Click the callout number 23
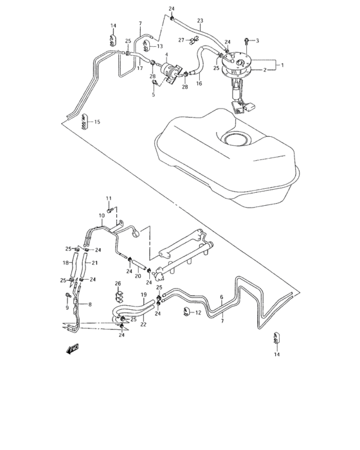(200, 21)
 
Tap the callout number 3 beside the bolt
(257, 41)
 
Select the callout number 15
(98, 122)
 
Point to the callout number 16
(199, 84)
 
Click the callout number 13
(160, 46)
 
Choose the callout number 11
(109, 197)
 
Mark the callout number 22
(143, 324)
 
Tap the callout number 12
(199, 313)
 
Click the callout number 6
(221, 297)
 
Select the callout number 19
(143, 294)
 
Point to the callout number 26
(118, 283)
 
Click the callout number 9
(66, 307)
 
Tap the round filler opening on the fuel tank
(238, 139)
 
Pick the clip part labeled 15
(84, 121)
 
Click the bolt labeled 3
(248, 41)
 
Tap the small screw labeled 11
(111, 208)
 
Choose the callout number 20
(138, 276)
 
